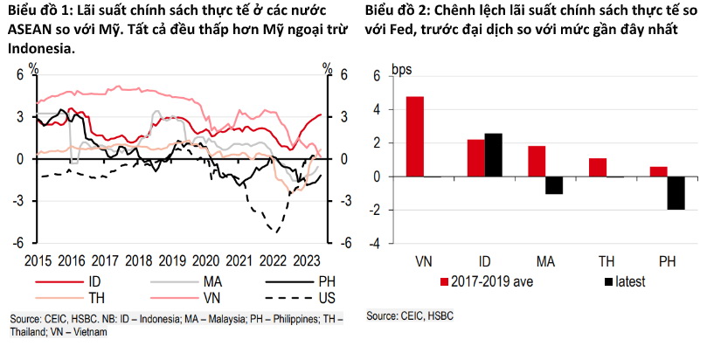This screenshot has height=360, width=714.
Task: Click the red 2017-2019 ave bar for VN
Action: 415,136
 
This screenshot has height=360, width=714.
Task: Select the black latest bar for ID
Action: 493,155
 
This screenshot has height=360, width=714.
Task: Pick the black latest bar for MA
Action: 552,184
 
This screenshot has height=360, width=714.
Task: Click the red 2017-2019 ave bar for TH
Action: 597,167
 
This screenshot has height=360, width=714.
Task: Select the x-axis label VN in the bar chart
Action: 424,261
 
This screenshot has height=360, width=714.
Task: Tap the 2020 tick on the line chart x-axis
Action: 205,260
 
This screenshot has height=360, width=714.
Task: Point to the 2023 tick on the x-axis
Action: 306,260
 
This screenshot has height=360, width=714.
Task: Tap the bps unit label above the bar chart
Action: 401,70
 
